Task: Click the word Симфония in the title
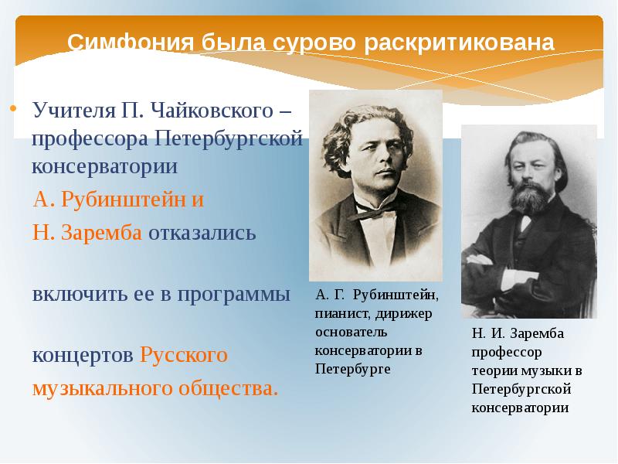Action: pyautogui.click(x=131, y=43)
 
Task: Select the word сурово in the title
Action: pyautogui.click(x=314, y=43)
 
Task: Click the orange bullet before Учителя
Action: pyautogui.click(x=14, y=108)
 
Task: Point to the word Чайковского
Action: pyautogui.click(x=212, y=110)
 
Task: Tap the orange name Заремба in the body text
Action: pyautogui.click(x=101, y=233)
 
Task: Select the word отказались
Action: pyautogui.click(x=202, y=234)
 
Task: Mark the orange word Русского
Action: pyautogui.click(x=184, y=355)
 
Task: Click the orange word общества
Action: pyautogui.click(x=228, y=389)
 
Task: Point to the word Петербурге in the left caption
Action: pyautogui.click(x=353, y=370)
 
